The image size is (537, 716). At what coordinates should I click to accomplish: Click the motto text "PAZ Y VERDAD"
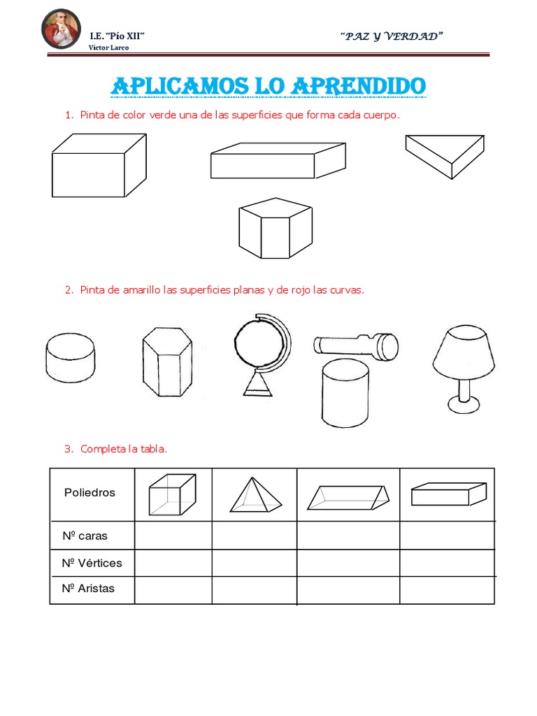393,36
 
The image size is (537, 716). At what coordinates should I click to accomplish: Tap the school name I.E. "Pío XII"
117,36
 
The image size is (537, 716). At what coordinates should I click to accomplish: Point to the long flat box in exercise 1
277,162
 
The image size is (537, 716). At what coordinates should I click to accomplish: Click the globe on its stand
261,353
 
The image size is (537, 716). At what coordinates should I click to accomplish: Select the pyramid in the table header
255,495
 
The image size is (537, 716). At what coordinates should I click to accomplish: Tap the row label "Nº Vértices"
92,563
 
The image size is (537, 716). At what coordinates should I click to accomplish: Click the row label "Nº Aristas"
88,589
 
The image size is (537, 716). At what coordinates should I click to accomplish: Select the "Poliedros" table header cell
89,492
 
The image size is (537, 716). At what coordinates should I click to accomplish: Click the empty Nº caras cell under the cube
173,536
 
